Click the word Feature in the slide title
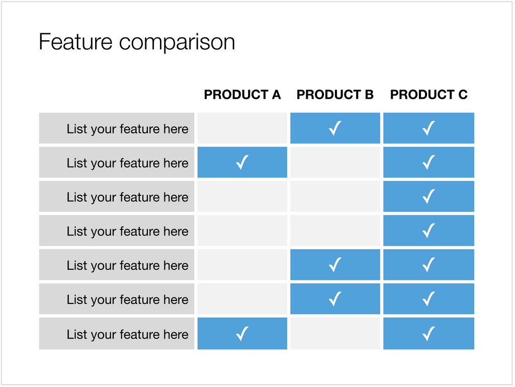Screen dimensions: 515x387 (x=75, y=42)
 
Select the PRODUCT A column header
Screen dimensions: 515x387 (x=242, y=95)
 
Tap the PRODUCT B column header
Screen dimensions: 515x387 (x=335, y=95)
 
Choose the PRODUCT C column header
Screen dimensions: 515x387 (x=428, y=95)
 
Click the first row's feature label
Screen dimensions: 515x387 (x=127, y=129)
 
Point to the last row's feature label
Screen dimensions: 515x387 (x=127, y=335)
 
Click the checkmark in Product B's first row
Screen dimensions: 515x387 (x=335, y=128)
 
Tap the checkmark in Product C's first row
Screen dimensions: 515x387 (x=428, y=128)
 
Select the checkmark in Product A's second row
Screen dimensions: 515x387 (x=242, y=162)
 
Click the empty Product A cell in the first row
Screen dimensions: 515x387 (x=242, y=128)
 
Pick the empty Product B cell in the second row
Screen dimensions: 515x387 (x=335, y=162)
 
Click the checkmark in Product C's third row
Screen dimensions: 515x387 (x=428, y=196)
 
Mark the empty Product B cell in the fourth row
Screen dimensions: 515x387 (x=335, y=230)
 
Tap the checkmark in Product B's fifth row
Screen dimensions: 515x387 (x=335, y=265)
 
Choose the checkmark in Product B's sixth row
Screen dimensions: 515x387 (x=335, y=299)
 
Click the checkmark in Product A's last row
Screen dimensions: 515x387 (x=242, y=334)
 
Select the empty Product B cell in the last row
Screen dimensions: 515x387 (x=335, y=334)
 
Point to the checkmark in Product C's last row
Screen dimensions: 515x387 (x=428, y=334)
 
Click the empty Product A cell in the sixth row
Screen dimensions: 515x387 (x=242, y=299)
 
